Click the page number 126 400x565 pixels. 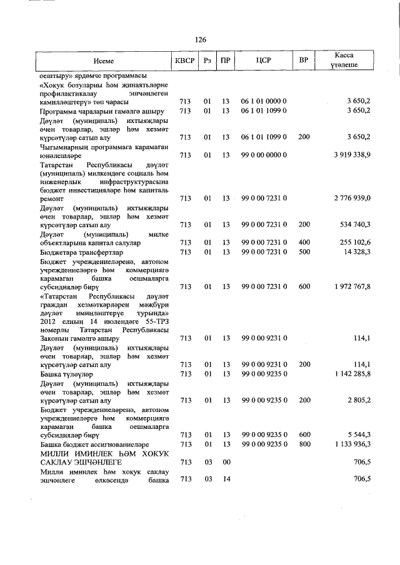[x=200, y=40]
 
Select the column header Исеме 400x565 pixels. [x=104, y=61]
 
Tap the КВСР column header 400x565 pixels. [x=184, y=61]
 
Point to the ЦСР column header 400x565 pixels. [x=263, y=61]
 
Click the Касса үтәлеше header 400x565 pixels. [x=345, y=61]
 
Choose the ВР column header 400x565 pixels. [x=304, y=61]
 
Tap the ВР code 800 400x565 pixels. [x=304, y=444]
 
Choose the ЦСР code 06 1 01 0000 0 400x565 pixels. [x=263, y=101]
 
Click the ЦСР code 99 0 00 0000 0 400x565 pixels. [x=263, y=154]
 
